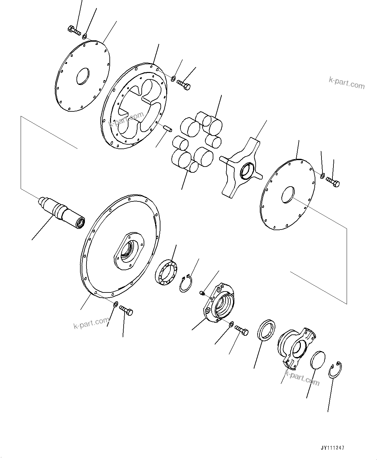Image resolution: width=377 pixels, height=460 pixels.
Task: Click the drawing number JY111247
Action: pos(332,448)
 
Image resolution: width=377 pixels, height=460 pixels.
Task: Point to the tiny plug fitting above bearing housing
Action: pos(202,292)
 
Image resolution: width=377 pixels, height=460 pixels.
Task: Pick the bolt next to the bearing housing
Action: pos(241,330)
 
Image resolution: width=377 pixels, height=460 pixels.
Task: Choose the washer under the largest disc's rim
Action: pos(116,304)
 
